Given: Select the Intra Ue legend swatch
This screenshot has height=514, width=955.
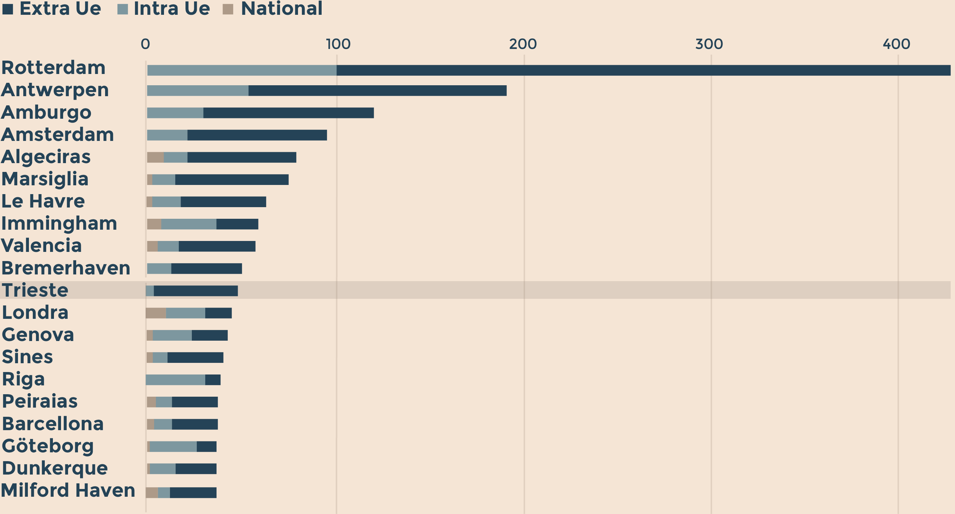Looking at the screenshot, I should pyautogui.click(x=122, y=9).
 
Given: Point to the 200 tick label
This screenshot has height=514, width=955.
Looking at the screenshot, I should pyautogui.click(x=523, y=44).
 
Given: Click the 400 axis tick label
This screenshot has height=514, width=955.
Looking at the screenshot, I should pyautogui.click(x=896, y=44).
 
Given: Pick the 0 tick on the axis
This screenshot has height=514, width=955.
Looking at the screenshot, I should pyautogui.click(x=145, y=44).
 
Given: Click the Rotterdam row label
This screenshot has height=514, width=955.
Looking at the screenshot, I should pyautogui.click(x=53, y=68).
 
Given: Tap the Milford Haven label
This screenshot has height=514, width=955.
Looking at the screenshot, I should pyautogui.click(x=68, y=490).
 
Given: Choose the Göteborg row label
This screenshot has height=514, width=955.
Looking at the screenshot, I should pyautogui.click(x=48, y=446).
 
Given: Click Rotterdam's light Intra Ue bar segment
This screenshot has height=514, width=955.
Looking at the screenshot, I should pyautogui.click(x=242, y=70).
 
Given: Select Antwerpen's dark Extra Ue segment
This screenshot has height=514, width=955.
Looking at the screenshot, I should pyautogui.click(x=377, y=91).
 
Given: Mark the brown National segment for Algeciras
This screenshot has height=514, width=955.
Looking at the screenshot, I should pyautogui.click(x=155, y=157).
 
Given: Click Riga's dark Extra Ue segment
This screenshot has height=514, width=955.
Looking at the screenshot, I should pyautogui.click(x=213, y=380).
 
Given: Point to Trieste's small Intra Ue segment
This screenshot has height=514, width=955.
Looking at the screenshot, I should pyautogui.click(x=150, y=291).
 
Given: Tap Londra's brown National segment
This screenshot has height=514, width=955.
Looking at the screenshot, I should pyautogui.click(x=156, y=313).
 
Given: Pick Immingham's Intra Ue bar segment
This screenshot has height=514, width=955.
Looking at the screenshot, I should pyautogui.click(x=189, y=224).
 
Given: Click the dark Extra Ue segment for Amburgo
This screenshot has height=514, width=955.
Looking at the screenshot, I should pyautogui.click(x=288, y=113).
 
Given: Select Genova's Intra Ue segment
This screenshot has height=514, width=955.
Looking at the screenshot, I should pyautogui.click(x=172, y=335).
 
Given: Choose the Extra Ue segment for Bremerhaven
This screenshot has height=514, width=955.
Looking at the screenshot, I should pyautogui.click(x=207, y=269).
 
